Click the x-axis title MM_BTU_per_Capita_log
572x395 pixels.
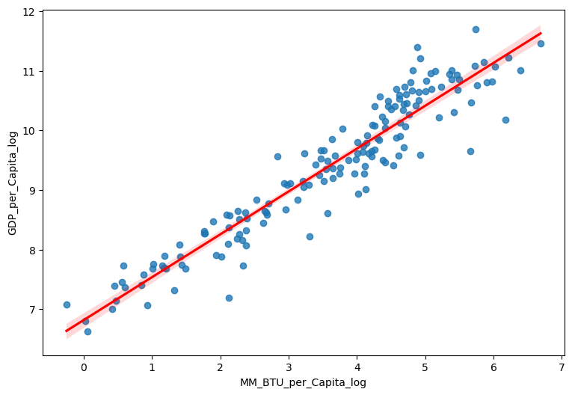pyautogui.click(x=303, y=382)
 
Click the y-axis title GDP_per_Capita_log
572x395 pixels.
pyautogui.click(x=13, y=183)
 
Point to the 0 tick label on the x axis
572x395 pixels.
pyautogui.click(x=84, y=367)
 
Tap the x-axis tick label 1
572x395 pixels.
pyautogui.click(x=152, y=367)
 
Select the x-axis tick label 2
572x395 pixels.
pyautogui.click(x=220, y=367)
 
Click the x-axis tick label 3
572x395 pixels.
pyautogui.click(x=289, y=367)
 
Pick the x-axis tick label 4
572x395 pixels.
pyautogui.click(x=357, y=367)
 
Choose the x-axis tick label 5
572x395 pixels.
pyautogui.click(x=425, y=367)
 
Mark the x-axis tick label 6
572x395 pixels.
pyautogui.click(x=493, y=367)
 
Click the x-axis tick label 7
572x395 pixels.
pyautogui.click(x=562, y=367)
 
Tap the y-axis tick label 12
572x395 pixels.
pyautogui.click(x=29, y=12)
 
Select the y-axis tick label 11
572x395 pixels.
pyautogui.click(x=29, y=71)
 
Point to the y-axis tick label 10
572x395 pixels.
pyautogui.click(x=29, y=131)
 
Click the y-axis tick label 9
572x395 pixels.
pyautogui.click(x=32, y=190)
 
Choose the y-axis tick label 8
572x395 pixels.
pyautogui.click(x=32, y=250)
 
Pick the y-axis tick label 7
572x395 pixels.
pyautogui.click(x=32, y=309)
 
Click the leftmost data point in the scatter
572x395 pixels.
pyautogui.click(x=67, y=304)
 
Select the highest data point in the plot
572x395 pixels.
pyautogui.click(x=476, y=29)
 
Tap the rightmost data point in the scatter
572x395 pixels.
pyautogui.click(x=541, y=43)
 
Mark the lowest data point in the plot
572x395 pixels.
pyautogui.click(x=87, y=331)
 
